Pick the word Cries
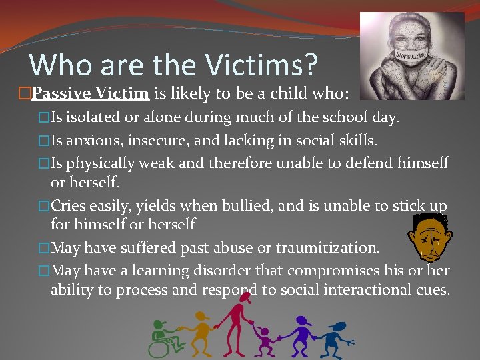(71, 206)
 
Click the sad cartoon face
(428, 237)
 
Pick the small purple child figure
(265, 343)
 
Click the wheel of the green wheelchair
(160, 347)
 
